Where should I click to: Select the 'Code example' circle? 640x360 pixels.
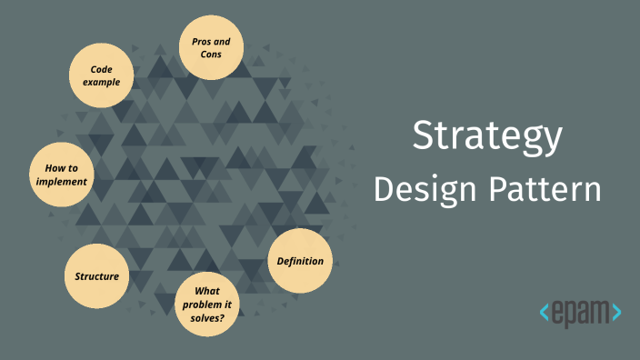pyautogui.click(x=101, y=75)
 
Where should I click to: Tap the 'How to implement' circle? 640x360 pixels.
pyautogui.click(x=62, y=175)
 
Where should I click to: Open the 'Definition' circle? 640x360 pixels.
pyautogui.click(x=300, y=262)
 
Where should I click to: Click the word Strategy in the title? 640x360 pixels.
pyautogui.click(x=487, y=136)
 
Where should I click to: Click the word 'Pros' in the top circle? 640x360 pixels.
pyautogui.click(x=200, y=41)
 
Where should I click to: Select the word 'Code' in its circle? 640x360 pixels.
pyautogui.click(x=101, y=69)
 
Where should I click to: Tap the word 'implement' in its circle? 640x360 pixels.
pyautogui.click(x=62, y=181)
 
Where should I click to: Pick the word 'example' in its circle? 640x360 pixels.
pyautogui.click(x=101, y=82)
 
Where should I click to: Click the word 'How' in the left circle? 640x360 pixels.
pyautogui.click(x=53, y=168)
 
